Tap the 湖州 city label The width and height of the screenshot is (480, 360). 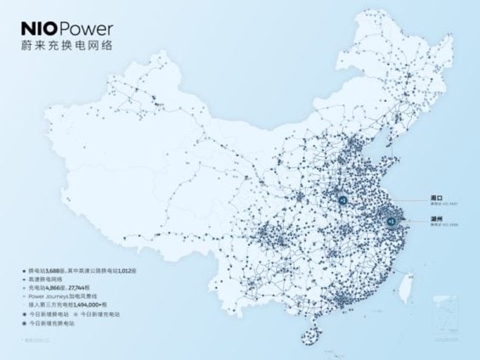coord(438,218)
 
